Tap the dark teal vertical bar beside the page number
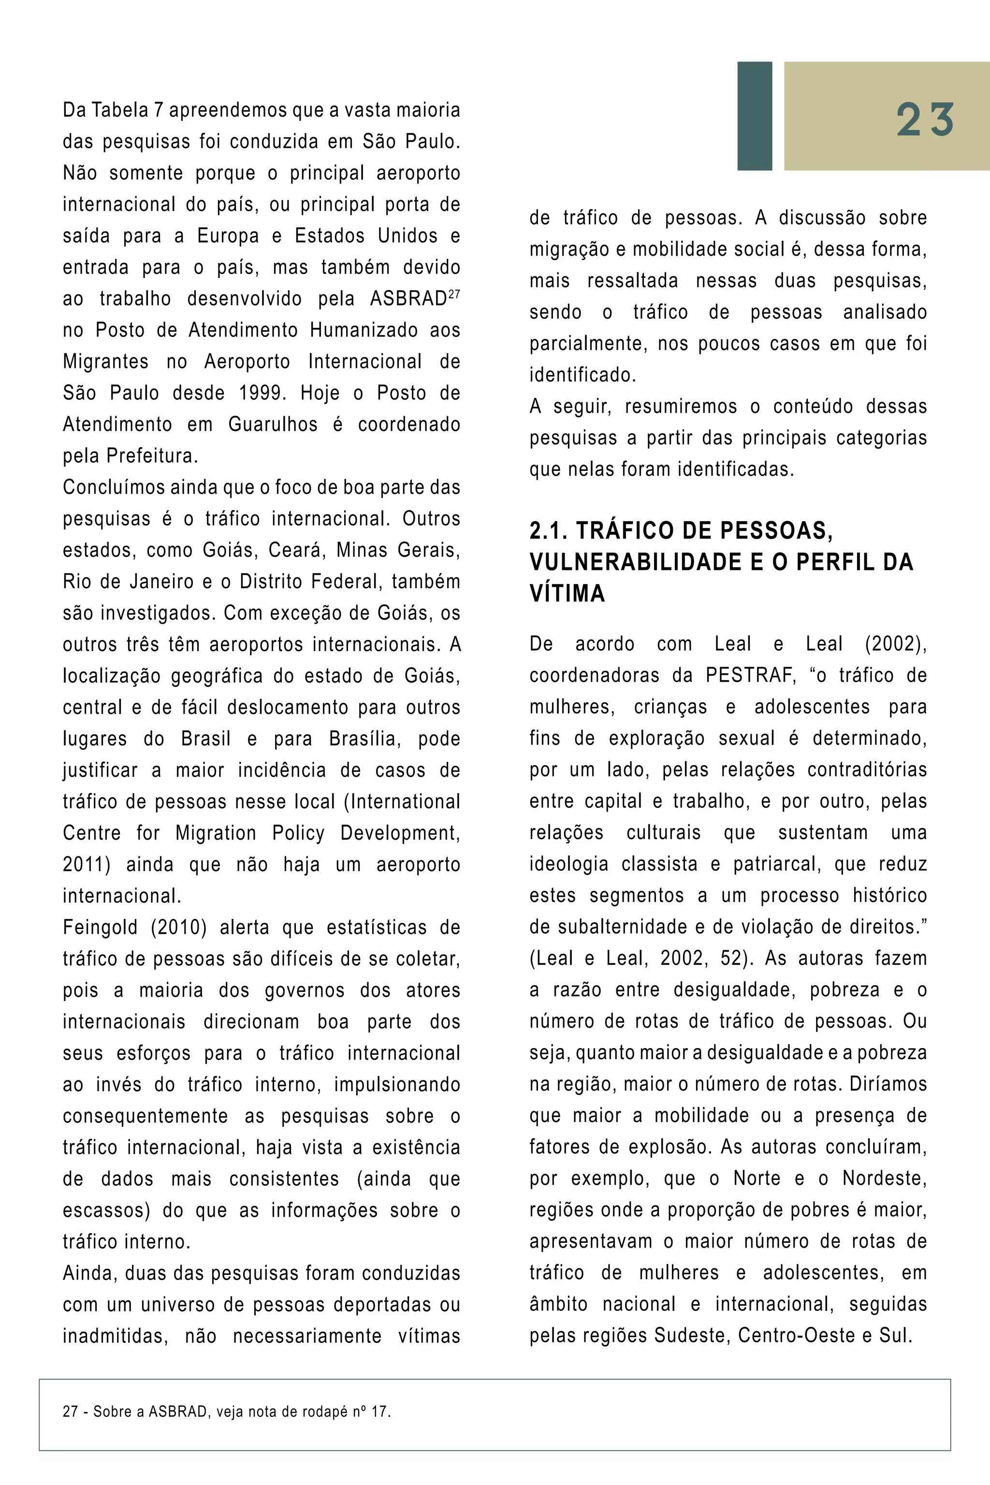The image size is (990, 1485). coord(755,116)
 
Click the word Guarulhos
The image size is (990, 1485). coord(273,425)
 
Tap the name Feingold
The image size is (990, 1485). coord(100,928)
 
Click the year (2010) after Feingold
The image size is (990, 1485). coord(179,928)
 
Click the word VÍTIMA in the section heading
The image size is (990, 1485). coord(567,594)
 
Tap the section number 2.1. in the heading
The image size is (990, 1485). coord(549,531)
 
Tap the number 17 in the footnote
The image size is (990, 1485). coord(380,1412)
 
